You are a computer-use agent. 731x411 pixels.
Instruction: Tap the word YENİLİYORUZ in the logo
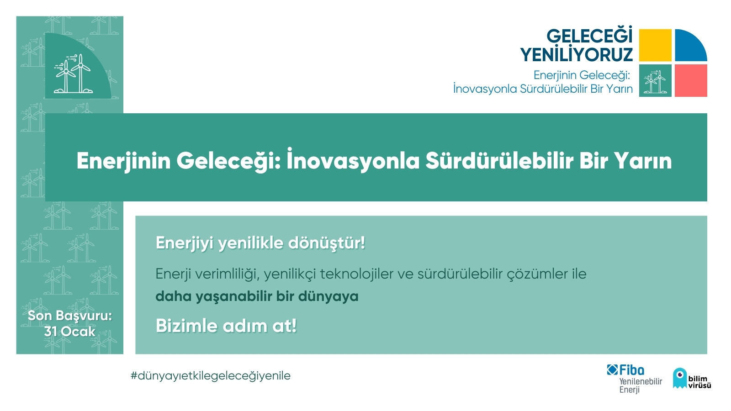[x=576, y=54]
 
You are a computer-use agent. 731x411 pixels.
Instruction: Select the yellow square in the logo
[x=655, y=45]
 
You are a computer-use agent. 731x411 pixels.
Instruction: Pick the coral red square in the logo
[x=691, y=80]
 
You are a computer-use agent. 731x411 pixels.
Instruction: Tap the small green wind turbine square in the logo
[x=655, y=80]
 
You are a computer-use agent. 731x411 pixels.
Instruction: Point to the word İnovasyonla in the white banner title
[x=352, y=160]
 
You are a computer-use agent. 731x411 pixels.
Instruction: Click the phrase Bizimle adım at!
[x=226, y=326]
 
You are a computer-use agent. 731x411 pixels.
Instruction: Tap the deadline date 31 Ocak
[x=70, y=332]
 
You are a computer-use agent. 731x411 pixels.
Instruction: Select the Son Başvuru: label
[x=70, y=316]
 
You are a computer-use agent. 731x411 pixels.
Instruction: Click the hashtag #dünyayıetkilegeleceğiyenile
[x=211, y=376]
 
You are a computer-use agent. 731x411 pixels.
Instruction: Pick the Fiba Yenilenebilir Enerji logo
[x=635, y=379]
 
